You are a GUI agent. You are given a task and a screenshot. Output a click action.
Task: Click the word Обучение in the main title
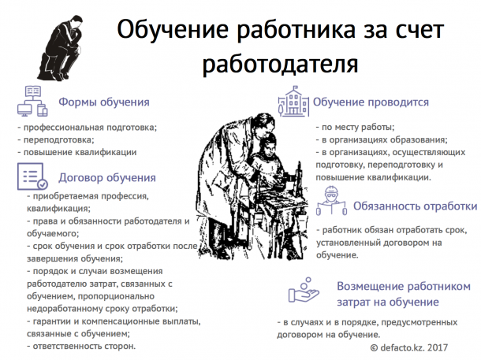(x=173, y=30)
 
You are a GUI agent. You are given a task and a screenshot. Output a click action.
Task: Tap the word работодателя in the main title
(x=280, y=64)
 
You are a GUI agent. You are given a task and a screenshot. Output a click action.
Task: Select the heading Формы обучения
(x=104, y=102)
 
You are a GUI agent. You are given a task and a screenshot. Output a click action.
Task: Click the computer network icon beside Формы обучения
(x=32, y=101)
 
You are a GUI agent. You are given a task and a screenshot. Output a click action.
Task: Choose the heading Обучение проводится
(x=371, y=102)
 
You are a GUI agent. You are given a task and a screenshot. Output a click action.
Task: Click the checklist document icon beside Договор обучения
(x=32, y=176)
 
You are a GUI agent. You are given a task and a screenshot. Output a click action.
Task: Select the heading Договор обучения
(x=107, y=178)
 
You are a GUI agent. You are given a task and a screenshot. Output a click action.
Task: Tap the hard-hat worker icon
(x=332, y=201)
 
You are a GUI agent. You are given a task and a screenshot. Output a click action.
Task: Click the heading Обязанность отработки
(x=416, y=206)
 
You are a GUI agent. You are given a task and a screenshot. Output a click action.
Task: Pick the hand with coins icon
(x=304, y=290)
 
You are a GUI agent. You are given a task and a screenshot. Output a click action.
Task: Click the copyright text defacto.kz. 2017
(x=409, y=347)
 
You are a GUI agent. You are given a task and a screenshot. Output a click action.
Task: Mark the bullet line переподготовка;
(x=56, y=140)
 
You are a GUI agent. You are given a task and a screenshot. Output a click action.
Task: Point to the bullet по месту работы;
(x=355, y=127)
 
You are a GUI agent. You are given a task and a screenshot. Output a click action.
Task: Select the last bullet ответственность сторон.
(x=81, y=346)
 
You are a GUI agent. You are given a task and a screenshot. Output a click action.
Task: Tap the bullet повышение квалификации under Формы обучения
(x=77, y=152)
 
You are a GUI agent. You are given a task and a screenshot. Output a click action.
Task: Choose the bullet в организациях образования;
(x=382, y=140)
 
